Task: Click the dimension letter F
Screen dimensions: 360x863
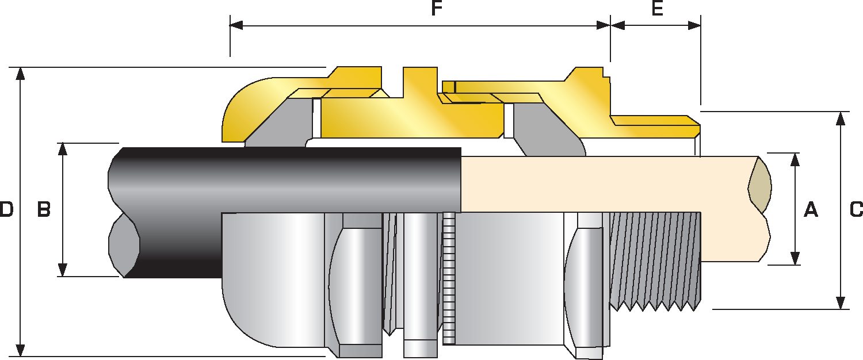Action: (x=436, y=10)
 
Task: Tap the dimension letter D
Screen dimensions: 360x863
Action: (x=6, y=210)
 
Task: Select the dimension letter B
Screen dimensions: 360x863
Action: (x=44, y=210)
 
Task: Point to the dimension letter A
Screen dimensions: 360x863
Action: (x=810, y=210)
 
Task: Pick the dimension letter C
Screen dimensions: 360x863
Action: (x=856, y=210)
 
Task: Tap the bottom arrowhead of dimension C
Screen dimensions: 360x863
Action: (x=841, y=302)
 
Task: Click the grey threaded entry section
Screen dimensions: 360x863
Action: (x=656, y=259)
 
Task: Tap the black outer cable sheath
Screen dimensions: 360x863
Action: (x=288, y=178)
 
